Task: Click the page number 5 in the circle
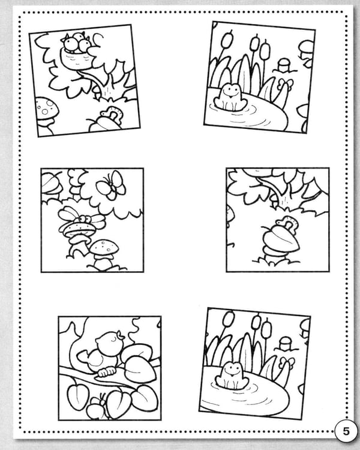point(346,431)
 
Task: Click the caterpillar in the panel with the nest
point(113,113)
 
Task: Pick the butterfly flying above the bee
point(112,185)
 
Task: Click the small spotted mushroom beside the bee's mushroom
point(104,253)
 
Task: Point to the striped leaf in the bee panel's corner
point(52,183)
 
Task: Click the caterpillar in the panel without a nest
point(287,223)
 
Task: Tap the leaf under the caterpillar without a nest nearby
point(280,240)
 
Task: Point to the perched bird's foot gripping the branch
point(107,371)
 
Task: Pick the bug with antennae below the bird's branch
point(97,407)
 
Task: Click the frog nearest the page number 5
point(233,376)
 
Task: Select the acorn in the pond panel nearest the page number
point(286,344)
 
